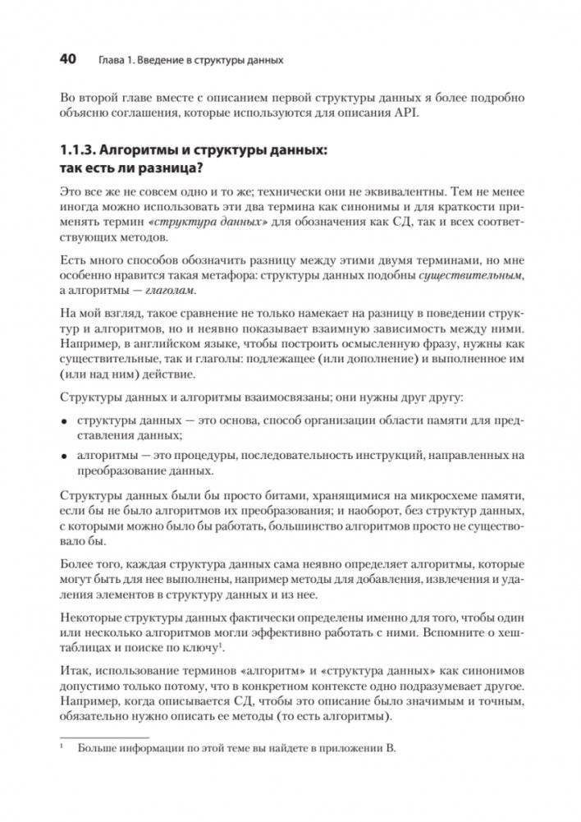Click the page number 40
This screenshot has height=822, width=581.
(x=68, y=59)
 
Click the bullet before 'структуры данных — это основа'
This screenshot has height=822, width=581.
(x=65, y=421)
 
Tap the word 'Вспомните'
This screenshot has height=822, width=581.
(x=439, y=634)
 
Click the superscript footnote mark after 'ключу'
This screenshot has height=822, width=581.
(x=223, y=647)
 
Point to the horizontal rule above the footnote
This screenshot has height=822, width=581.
(x=99, y=737)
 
